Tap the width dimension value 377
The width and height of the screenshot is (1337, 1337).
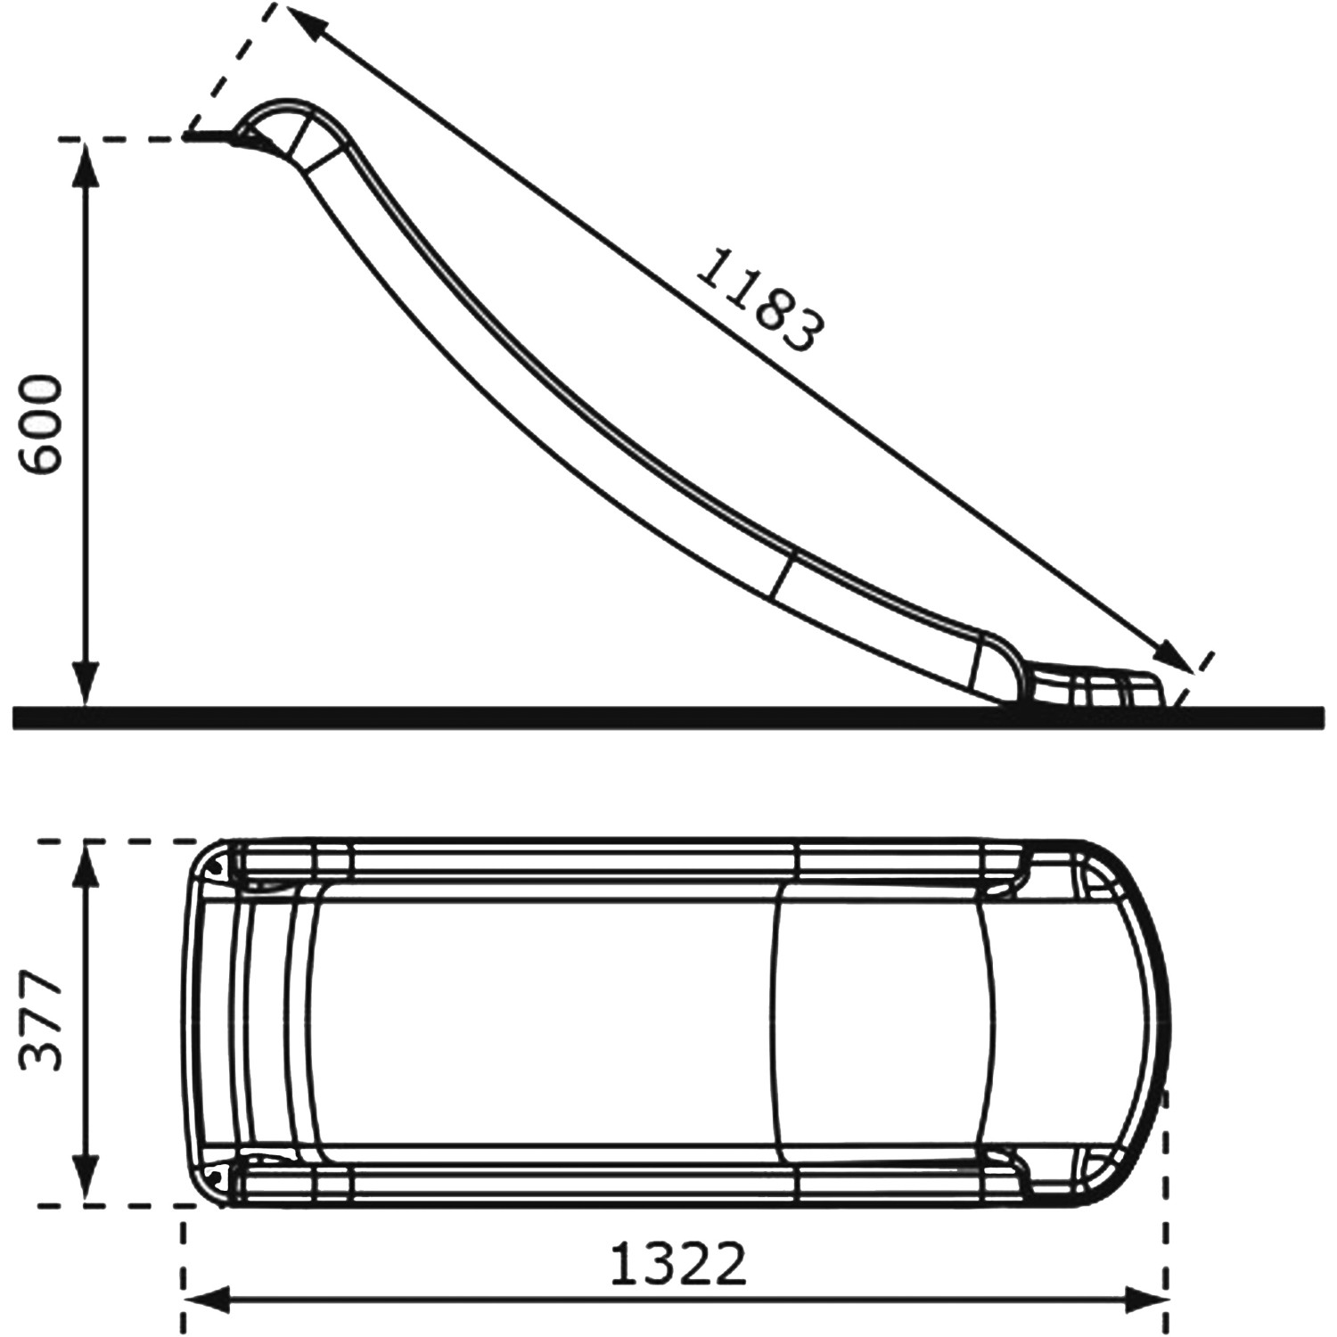(x=42, y=1022)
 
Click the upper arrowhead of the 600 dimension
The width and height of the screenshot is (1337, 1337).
(x=86, y=160)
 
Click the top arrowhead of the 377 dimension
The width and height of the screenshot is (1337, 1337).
(x=86, y=861)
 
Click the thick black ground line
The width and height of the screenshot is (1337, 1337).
(x=668, y=717)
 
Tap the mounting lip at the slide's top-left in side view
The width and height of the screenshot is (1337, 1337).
(x=214, y=137)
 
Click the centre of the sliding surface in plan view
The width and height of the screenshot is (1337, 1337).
(x=642, y=1022)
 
